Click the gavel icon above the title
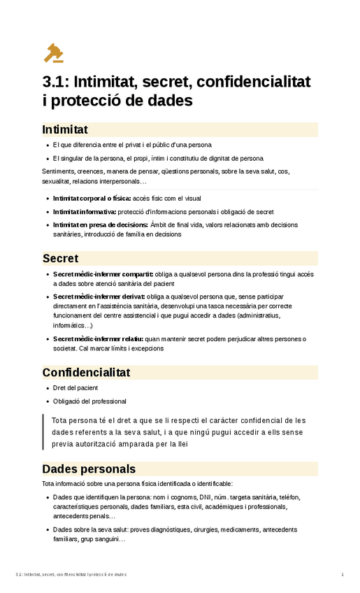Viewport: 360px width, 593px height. [52, 52]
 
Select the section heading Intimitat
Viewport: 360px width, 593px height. [65, 129]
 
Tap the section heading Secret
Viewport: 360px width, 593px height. [60, 258]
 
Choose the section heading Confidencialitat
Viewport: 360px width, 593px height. [86, 372]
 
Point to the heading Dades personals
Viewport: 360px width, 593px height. [89, 469]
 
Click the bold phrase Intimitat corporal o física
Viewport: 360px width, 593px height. [92, 198]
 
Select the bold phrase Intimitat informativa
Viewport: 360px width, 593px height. [85, 211]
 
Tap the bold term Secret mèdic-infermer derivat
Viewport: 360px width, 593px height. [99, 296]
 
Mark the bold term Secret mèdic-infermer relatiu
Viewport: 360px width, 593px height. [99, 338]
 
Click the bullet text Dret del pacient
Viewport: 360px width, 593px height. [75, 387]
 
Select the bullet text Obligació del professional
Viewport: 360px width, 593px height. [89, 401]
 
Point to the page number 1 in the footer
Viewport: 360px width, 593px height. [343, 575]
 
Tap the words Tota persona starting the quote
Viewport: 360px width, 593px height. [69, 420]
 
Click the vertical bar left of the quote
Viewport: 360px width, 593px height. [44, 431]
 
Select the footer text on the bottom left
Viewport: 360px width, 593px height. [70, 575]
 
